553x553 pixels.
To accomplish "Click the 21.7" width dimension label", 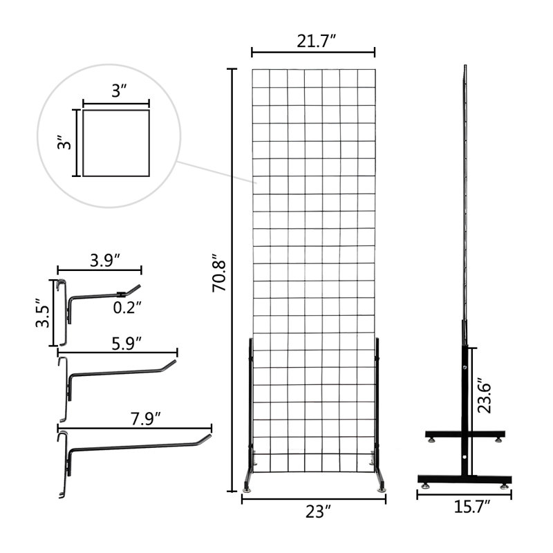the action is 316,41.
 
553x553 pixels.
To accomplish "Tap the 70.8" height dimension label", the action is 219,272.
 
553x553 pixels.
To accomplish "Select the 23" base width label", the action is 319,512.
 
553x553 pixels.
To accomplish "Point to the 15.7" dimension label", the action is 472,507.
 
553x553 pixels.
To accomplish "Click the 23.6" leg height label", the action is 485,395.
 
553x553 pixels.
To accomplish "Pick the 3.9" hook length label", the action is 105,261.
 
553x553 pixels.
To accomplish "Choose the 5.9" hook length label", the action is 126,344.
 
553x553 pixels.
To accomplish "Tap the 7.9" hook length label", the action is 146,419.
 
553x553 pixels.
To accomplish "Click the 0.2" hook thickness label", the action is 127,308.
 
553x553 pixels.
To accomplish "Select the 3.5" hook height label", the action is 43,313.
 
